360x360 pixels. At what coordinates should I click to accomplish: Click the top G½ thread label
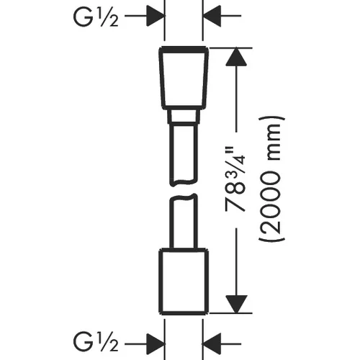[x=96, y=17]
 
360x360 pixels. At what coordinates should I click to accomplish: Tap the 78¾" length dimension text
[x=235, y=180]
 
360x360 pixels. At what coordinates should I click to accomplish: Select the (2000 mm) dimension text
[x=272, y=179]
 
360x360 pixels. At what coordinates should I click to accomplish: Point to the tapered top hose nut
[x=184, y=78]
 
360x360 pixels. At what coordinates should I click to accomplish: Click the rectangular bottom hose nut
[x=184, y=282]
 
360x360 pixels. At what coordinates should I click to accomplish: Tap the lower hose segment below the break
[x=184, y=221]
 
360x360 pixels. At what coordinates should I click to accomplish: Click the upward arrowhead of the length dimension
[x=236, y=57]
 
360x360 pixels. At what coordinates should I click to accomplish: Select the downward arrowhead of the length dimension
[x=236, y=304]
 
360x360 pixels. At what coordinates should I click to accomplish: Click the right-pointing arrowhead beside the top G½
[x=156, y=16]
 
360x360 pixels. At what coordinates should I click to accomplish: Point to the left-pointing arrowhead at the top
[x=212, y=16]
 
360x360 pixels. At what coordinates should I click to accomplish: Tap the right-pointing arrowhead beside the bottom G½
[x=156, y=343]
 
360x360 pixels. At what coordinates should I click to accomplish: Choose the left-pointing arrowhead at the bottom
[x=212, y=343]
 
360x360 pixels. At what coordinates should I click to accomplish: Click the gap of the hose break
[x=184, y=190]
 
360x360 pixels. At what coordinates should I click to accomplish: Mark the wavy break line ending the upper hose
[x=184, y=182]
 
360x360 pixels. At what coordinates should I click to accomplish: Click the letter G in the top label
[x=83, y=17]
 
